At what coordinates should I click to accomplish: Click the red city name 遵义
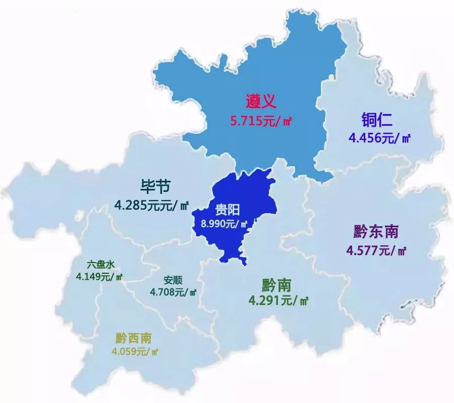click(261, 103)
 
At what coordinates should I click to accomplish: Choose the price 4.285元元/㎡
click(151, 206)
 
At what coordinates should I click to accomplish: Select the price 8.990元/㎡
click(224, 224)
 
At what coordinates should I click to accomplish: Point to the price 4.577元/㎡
click(376, 250)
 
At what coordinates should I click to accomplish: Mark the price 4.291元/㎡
click(278, 301)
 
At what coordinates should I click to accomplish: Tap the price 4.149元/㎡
click(99, 276)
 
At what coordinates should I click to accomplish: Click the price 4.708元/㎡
click(173, 291)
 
